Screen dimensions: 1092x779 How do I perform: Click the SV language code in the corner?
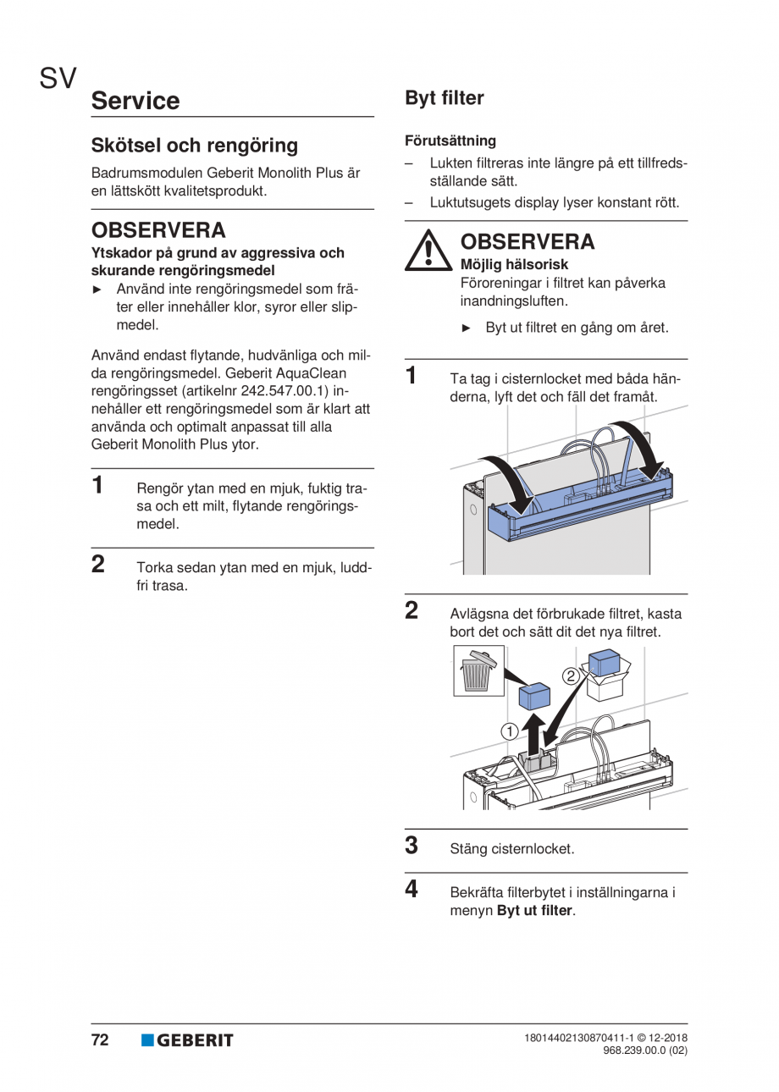pos(58,79)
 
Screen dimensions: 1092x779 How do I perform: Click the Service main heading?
pos(135,101)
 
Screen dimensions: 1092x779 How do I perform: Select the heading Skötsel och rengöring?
pos(194,146)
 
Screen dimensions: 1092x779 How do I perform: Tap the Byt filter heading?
pos(444,98)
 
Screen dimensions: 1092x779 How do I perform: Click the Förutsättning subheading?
pos(450,141)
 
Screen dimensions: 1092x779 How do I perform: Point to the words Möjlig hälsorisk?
pos(514,265)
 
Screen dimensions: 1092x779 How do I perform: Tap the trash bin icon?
pos(478,671)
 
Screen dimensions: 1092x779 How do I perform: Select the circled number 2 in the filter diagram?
pos(571,675)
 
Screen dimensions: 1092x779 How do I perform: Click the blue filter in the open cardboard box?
pos(605,662)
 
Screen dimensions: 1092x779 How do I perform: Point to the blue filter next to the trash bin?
pos(534,696)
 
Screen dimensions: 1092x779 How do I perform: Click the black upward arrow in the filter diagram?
pos(533,733)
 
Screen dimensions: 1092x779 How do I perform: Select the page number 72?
pos(100,1040)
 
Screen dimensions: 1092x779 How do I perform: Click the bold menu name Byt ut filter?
pos(534,911)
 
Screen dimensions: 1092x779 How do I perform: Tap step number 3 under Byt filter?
pos(412,846)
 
